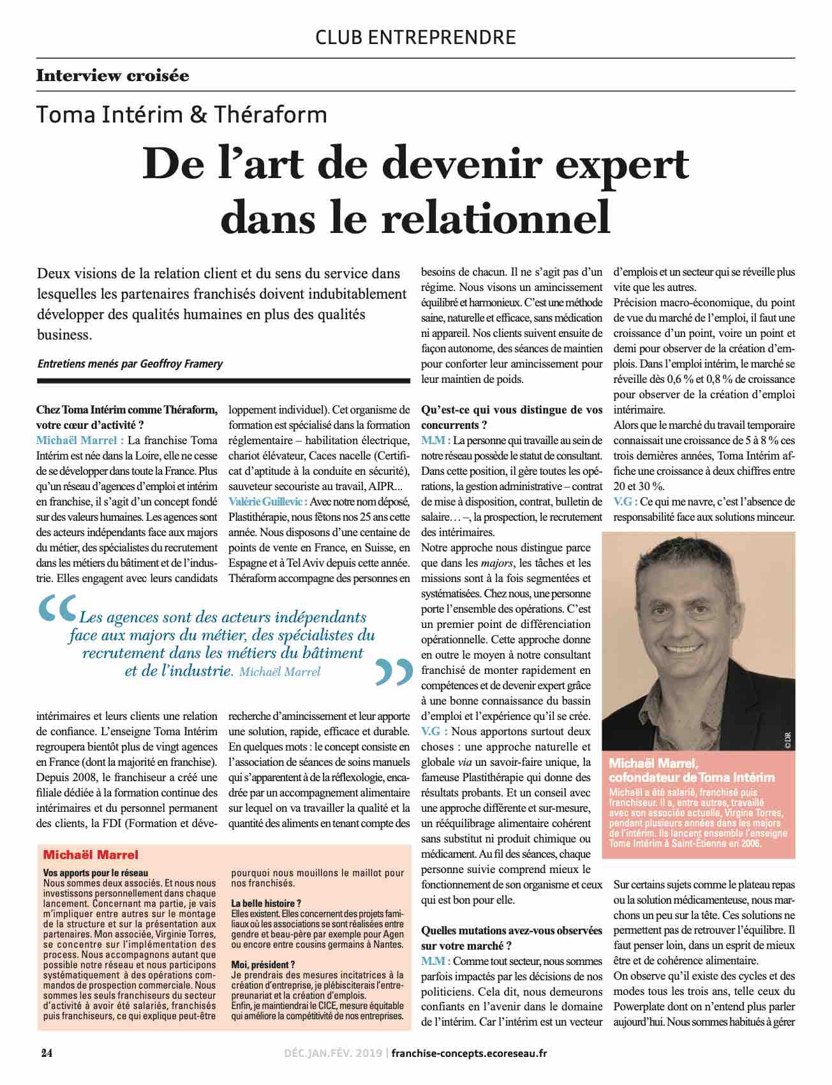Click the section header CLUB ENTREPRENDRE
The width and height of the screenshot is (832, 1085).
point(415,37)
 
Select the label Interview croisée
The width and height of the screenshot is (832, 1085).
point(112,76)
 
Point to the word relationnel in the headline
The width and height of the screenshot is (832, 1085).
point(496,218)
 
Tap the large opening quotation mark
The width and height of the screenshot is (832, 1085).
point(57,610)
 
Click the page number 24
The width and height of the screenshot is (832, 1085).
point(46,1053)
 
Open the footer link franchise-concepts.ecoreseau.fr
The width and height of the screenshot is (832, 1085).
point(468,1053)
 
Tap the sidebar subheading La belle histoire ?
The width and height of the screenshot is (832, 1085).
point(265,904)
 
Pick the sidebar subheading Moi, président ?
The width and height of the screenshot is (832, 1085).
point(263,964)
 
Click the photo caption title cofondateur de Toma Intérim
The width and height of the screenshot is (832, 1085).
point(692,777)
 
